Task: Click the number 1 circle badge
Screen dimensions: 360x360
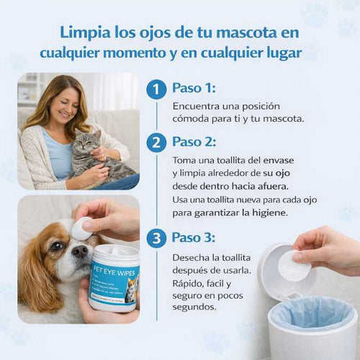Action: click(x=156, y=90)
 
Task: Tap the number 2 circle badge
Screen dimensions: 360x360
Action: click(x=156, y=142)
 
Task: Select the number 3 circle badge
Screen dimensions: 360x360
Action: click(x=156, y=238)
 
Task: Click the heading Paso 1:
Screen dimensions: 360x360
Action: click(x=194, y=89)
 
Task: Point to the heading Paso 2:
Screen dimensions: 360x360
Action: click(x=194, y=141)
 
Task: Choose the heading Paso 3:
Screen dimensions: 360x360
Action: click(x=194, y=238)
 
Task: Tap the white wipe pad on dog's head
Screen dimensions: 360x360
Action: click(x=81, y=228)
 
